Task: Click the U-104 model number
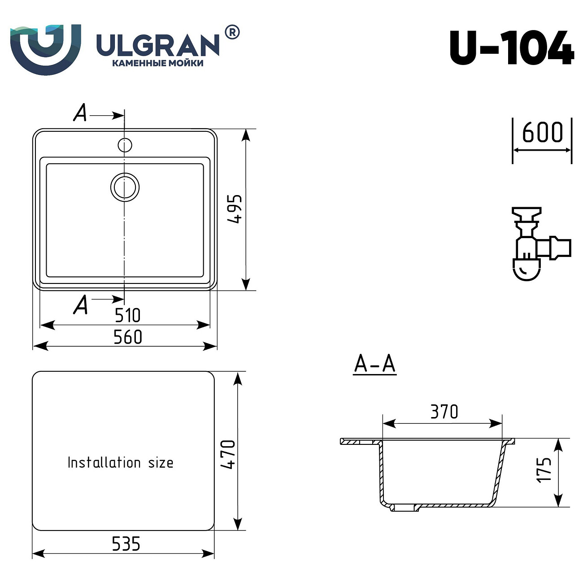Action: (511, 48)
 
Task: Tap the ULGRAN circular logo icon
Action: (45, 48)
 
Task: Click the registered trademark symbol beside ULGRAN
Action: (231, 33)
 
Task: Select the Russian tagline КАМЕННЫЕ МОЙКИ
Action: (157, 63)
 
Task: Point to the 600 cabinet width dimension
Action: (542, 133)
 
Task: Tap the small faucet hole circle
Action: (125, 145)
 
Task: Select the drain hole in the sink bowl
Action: (125, 187)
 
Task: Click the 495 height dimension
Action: (235, 209)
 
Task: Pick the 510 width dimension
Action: (127, 315)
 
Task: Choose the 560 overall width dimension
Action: (127, 337)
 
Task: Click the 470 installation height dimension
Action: (228, 454)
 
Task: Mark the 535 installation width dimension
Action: (126, 544)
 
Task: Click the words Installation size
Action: (120, 462)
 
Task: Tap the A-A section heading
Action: (375, 364)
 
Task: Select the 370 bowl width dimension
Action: (444, 412)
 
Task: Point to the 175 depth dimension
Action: (544, 470)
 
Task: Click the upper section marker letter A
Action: (81, 113)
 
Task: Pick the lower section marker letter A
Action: (81, 305)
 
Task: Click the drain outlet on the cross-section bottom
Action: (405, 508)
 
